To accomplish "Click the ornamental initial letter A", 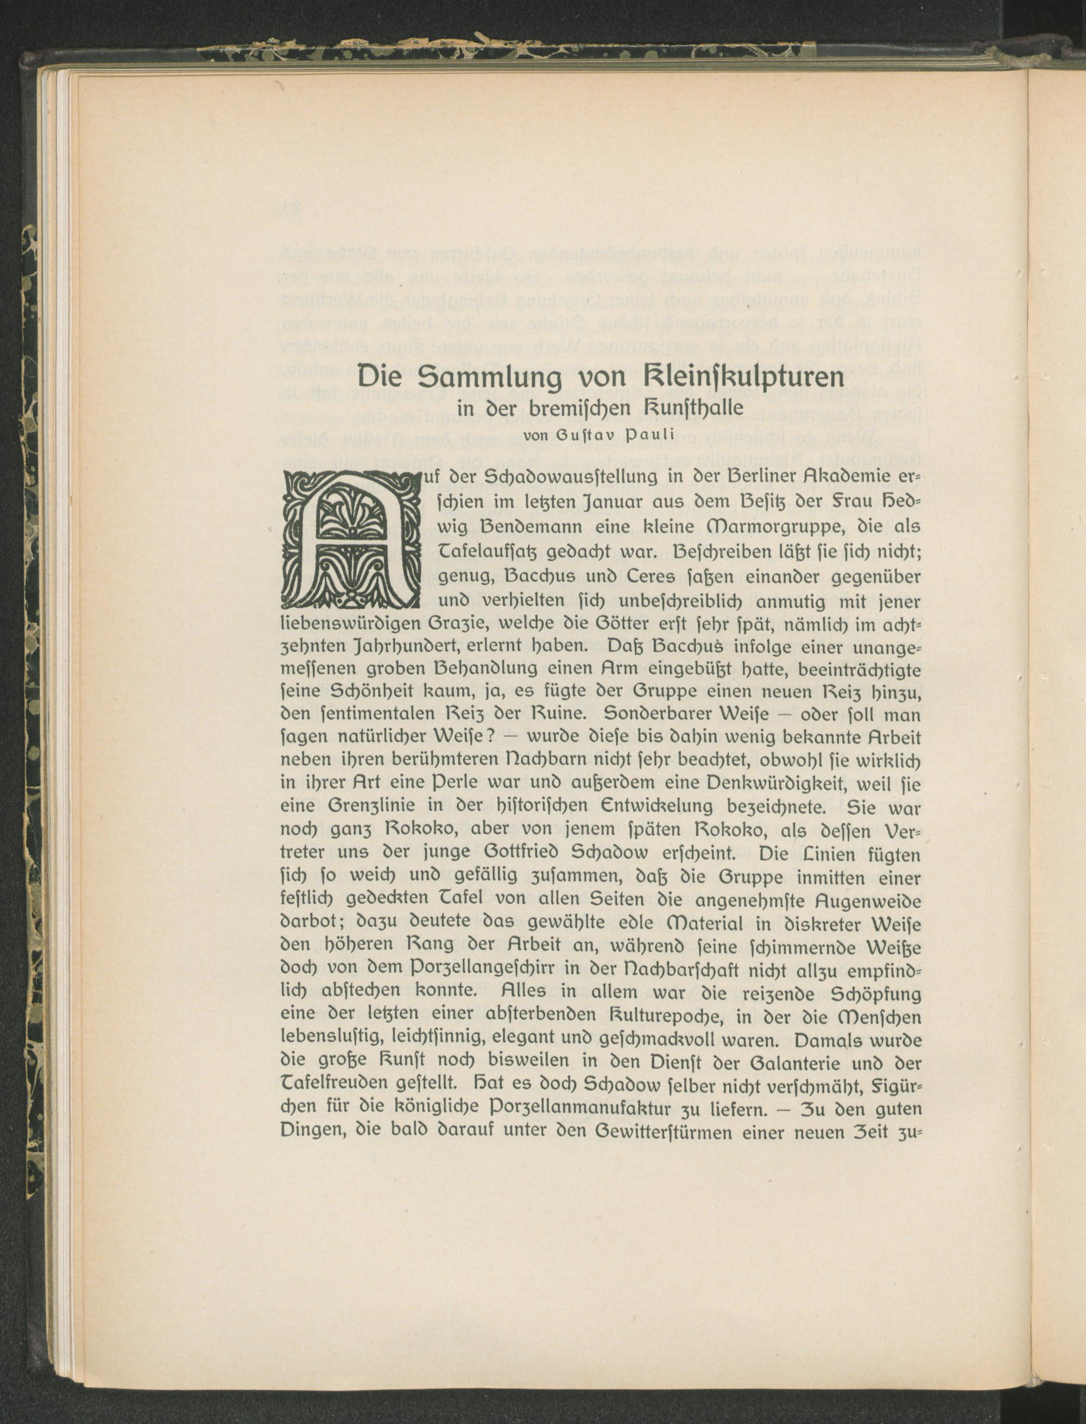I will pyautogui.click(x=351, y=540).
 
